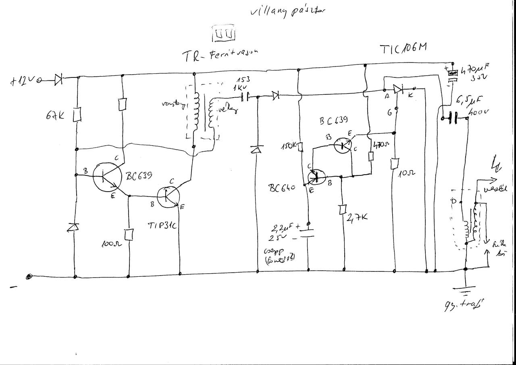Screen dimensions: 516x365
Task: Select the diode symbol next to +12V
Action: [58, 80]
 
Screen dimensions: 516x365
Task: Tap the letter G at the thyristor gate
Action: [390, 113]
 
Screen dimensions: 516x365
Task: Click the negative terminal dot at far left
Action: [29, 277]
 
